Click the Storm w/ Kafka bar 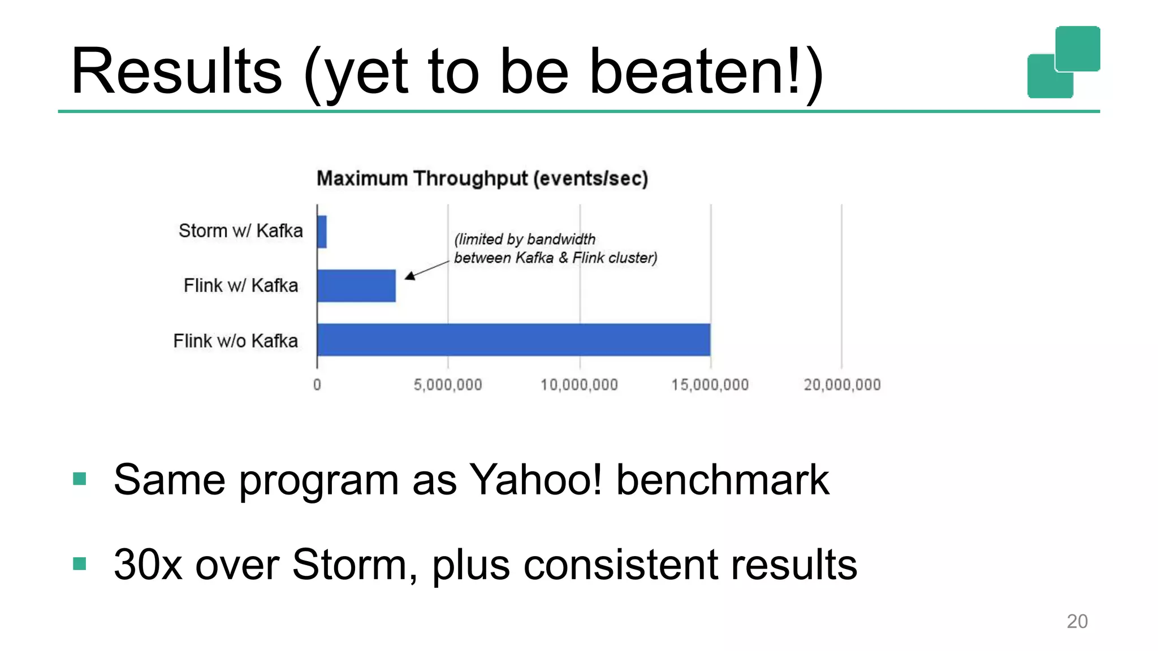click(x=322, y=232)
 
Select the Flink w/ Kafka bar click(x=356, y=286)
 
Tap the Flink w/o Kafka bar click(x=513, y=340)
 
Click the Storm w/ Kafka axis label click(x=240, y=231)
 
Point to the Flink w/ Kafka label click(x=240, y=285)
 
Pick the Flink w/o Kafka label click(x=235, y=341)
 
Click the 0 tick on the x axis click(x=317, y=385)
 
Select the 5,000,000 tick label click(x=448, y=385)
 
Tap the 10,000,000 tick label click(x=579, y=385)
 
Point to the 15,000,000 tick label click(x=710, y=385)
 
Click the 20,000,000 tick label click(x=842, y=385)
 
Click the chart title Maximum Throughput click(x=482, y=179)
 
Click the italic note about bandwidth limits click(x=555, y=249)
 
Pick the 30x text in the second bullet click(x=148, y=565)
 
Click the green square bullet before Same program click(x=80, y=479)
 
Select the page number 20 click(x=1077, y=621)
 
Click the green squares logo click(x=1064, y=62)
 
